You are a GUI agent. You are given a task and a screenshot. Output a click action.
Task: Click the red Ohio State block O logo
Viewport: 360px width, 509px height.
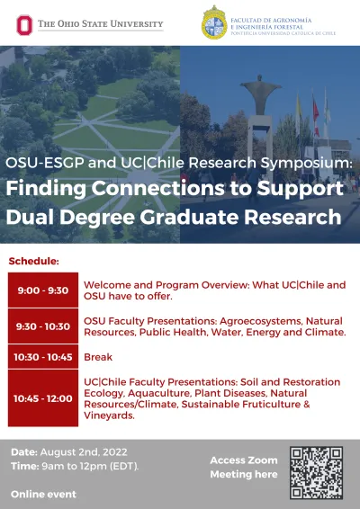[x=24, y=25]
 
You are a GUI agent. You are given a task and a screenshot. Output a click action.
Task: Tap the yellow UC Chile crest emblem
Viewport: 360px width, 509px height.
[x=214, y=22]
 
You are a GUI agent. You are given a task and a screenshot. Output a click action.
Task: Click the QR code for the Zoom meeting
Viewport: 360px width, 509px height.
[x=316, y=473]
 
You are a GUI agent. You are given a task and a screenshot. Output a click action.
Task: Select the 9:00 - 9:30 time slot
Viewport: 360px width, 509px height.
[x=43, y=290]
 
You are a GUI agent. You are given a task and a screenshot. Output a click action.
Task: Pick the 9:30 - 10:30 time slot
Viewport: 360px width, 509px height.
[x=43, y=326]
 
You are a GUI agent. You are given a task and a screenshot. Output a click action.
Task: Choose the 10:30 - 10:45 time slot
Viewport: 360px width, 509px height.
[x=43, y=357]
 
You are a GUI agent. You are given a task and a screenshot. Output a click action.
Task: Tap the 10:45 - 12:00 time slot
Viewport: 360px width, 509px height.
[x=43, y=398]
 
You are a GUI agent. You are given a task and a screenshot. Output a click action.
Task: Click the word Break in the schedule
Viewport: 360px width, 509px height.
[x=98, y=357]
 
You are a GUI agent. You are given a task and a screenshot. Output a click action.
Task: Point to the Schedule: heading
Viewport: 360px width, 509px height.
[x=34, y=261]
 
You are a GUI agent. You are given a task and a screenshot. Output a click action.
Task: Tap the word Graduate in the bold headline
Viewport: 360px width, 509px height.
[x=189, y=217]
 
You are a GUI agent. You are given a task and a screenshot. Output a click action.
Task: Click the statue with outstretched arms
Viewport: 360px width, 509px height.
[x=260, y=94]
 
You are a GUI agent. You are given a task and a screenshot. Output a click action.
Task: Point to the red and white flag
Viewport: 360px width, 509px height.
[x=316, y=116]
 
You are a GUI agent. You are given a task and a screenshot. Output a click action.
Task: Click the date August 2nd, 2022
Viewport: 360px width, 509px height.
[x=84, y=452]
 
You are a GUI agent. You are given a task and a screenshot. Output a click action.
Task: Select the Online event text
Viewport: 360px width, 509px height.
[x=43, y=495]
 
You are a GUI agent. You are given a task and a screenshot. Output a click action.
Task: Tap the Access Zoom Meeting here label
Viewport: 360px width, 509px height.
[x=244, y=467]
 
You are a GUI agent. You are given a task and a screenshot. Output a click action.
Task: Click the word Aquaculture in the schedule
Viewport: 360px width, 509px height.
[x=158, y=393]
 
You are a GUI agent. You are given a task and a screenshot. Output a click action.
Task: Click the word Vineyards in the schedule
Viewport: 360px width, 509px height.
[x=109, y=415]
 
